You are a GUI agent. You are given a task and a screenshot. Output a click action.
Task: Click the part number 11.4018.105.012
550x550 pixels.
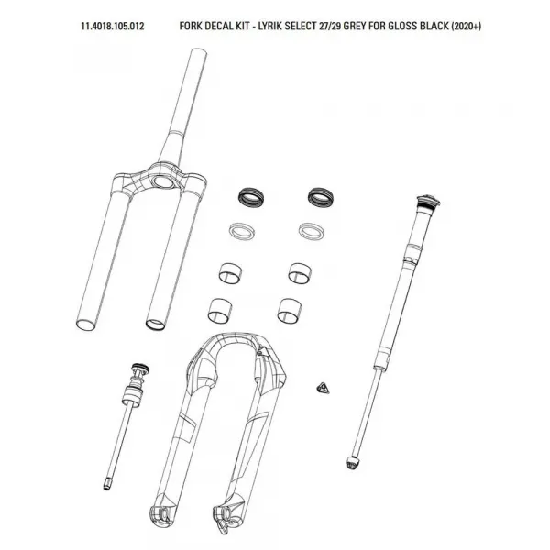pyautogui.click(x=113, y=27)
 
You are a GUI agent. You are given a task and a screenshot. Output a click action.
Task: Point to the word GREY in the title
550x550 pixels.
pyautogui.click(x=355, y=27)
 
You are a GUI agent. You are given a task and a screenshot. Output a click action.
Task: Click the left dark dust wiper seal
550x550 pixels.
pyautogui.click(x=251, y=197)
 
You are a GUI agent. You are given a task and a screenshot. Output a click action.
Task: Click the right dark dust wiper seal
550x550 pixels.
pyautogui.click(x=321, y=197)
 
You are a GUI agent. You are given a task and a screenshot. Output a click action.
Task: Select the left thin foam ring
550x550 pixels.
pyautogui.click(x=242, y=232)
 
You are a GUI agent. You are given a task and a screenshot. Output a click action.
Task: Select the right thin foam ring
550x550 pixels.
pyautogui.click(x=312, y=232)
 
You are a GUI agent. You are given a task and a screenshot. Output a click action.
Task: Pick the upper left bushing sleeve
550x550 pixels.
pyautogui.click(x=230, y=272)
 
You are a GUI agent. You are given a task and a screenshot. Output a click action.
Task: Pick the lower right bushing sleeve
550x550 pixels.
pyautogui.click(x=290, y=311)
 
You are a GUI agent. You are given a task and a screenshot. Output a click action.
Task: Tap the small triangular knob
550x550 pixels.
pyautogui.click(x=323, y=389)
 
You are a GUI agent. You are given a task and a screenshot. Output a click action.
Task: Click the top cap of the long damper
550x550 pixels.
pyautogui.click(x=429, y=202)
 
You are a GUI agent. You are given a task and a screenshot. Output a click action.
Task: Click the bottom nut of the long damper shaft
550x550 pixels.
pyautogui.click(x=352, y=463)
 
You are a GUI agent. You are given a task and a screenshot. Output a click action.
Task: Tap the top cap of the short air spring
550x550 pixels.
pyautogui.click(x=140, y=368)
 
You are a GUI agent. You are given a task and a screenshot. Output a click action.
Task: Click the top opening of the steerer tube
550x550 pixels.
pyautogui.click(x=199, y=52)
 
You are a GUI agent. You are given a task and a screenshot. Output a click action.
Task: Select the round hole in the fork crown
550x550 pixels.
pyautogui.click(x=162, y=182)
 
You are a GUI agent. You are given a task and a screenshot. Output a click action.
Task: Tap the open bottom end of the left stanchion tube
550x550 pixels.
pyautogui.click(x=85, y=324)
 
